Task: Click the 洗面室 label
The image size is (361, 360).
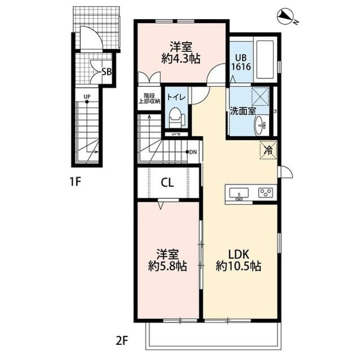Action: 242,110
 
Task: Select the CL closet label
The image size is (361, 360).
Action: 166,182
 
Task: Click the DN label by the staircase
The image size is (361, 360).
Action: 193,152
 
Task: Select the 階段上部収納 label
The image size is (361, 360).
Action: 149,98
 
